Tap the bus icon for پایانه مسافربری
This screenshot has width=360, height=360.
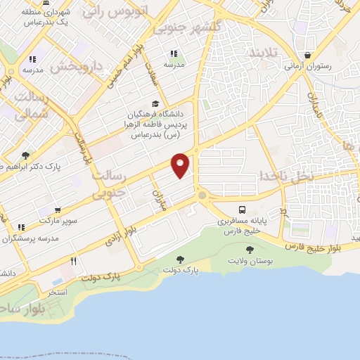coord(243,210)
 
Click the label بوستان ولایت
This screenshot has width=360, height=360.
coord(249,261)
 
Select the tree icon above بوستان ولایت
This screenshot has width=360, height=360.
coord(250,249)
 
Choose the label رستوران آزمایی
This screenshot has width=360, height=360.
coord(308,66)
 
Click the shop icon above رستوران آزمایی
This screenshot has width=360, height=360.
coord(308,56)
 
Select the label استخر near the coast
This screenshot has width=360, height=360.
coord(58,290)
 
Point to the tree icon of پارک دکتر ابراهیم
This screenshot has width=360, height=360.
coord(26,155)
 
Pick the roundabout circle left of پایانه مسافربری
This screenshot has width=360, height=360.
coord(202,195)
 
